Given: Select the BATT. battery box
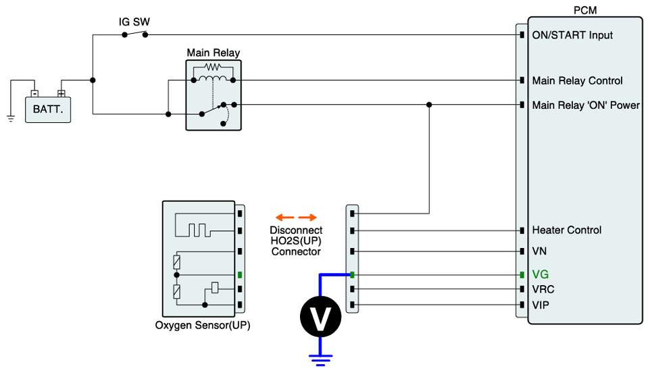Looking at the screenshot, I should (47, 108).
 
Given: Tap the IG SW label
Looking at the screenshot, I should (134, 22).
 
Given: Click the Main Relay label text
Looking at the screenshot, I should (213, 53).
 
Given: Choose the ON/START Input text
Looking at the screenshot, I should (572, 34).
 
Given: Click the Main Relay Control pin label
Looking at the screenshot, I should (577, 80).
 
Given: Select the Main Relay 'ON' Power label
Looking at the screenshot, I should (586, 105).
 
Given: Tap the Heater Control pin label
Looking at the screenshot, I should (566, 230).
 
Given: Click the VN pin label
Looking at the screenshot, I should (540, 251).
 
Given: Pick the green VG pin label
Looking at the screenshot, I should (540, 275).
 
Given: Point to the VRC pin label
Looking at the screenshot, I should (543, 289).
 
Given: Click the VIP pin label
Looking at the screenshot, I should (541, 305).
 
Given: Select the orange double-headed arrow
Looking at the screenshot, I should (296, 218).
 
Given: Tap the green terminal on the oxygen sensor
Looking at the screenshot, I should (240, 275).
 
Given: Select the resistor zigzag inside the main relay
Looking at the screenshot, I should (213, 68).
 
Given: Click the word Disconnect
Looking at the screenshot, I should (296, 230).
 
